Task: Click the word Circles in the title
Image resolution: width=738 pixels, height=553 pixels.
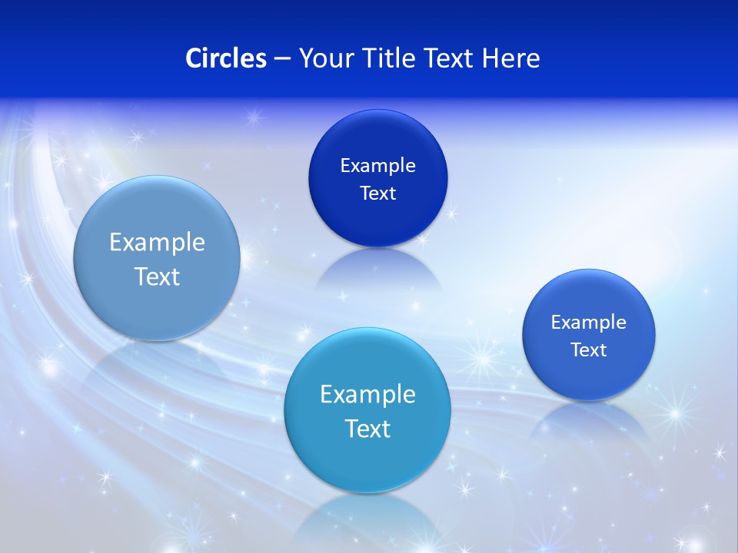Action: (225, 58)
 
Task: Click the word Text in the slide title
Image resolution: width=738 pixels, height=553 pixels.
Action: (446, 58)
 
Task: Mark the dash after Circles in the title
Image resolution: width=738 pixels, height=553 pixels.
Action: (281, 59)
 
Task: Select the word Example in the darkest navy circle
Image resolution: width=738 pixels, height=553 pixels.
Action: (377, 165)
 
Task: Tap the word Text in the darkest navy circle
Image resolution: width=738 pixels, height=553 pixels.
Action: (377, 193)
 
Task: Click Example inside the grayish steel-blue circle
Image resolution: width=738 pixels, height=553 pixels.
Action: (157, 242)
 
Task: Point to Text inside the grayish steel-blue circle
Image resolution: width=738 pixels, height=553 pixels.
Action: (157, 276)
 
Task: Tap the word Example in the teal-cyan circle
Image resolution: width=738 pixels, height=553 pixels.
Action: (367, 394)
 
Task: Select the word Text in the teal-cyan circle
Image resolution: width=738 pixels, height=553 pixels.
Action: (367, 429)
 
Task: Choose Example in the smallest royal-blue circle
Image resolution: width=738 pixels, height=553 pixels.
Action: (589, 322)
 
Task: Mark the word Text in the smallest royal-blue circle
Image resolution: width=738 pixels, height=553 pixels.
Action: (589, 350)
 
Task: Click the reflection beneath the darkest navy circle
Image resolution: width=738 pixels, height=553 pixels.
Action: (377, 269)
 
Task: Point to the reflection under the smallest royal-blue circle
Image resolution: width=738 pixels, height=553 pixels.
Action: (589, 419)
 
